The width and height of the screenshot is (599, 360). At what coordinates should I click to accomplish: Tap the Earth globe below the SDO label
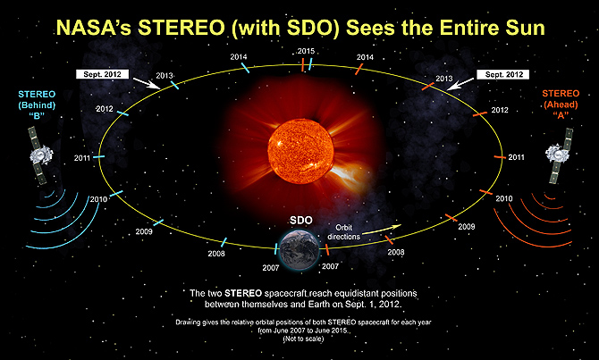(299, 247)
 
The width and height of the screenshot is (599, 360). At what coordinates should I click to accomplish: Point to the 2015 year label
(307, 51)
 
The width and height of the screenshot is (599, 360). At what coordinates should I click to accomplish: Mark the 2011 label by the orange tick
(516, 157)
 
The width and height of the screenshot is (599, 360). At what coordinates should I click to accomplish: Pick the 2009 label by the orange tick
(466, 228)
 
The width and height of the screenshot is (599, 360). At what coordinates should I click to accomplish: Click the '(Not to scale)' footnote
(299, 339)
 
